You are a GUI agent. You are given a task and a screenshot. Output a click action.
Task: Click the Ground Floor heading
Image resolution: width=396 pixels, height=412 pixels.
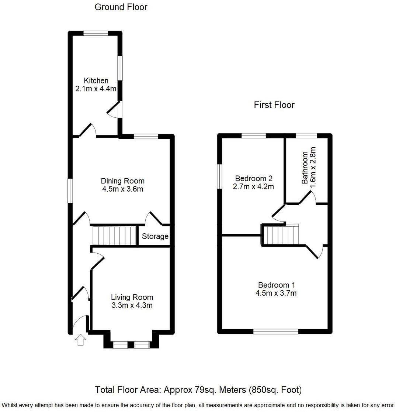[121, 7]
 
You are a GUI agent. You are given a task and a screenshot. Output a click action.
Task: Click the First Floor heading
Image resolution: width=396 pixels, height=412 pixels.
[274, 105]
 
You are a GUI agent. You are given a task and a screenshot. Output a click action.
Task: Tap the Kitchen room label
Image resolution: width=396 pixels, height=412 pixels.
[96, 80]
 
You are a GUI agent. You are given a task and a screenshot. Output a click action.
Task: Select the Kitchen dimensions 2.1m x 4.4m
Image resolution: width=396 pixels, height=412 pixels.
[96, 89]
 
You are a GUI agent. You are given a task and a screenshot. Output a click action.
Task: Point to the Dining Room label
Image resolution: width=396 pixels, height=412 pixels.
[123, 181]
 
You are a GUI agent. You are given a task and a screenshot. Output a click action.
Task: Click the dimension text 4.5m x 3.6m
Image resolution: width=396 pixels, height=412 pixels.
[123, 189]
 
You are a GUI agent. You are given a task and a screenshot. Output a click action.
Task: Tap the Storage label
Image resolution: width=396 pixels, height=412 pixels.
[155, 236]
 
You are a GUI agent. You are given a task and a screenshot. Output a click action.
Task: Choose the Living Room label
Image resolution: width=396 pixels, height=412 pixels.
[132, 297]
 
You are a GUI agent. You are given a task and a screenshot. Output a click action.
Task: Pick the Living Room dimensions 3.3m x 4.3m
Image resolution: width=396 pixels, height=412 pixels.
[132, 305]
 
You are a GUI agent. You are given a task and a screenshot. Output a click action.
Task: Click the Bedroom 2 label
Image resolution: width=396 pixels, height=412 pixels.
[253, 178]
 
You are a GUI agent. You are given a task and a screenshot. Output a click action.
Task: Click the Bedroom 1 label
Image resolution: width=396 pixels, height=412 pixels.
[277, 285]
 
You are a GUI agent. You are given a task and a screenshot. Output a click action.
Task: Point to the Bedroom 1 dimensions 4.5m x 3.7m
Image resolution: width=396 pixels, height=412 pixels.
[277, 293]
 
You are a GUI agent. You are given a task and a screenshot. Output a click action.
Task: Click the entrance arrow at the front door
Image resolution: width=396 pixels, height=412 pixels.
[80, 340]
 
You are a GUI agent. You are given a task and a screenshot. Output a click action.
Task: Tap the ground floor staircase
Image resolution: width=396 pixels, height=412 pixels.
[114, 235]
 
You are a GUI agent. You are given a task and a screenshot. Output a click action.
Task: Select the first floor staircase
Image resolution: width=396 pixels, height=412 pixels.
[281, 235]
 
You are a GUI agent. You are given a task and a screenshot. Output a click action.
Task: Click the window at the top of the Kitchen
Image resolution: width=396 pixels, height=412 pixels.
[95, 33]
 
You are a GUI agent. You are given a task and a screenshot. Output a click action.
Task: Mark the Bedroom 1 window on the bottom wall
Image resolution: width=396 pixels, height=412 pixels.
[276, 331]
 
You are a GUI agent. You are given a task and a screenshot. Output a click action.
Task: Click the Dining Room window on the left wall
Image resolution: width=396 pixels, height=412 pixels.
[69, 190]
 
